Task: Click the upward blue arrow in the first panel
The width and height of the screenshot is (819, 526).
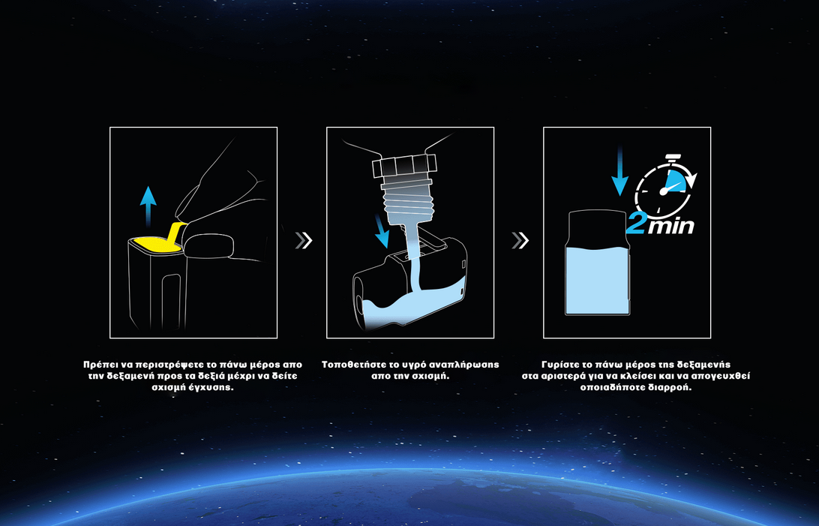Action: coord(148,206)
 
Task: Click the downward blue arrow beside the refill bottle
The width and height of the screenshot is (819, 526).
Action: coord(382,229)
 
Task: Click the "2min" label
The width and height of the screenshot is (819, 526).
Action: coord(660,224)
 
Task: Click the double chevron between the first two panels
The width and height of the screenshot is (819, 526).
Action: coord(304,240)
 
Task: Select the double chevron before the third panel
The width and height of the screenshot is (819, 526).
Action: coord(520,240)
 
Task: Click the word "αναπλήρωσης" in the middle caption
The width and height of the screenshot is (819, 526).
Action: coord(467,365)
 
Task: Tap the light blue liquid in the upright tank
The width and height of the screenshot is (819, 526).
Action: coord(598,280)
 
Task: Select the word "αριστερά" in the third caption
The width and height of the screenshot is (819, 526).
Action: coord(565,376)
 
